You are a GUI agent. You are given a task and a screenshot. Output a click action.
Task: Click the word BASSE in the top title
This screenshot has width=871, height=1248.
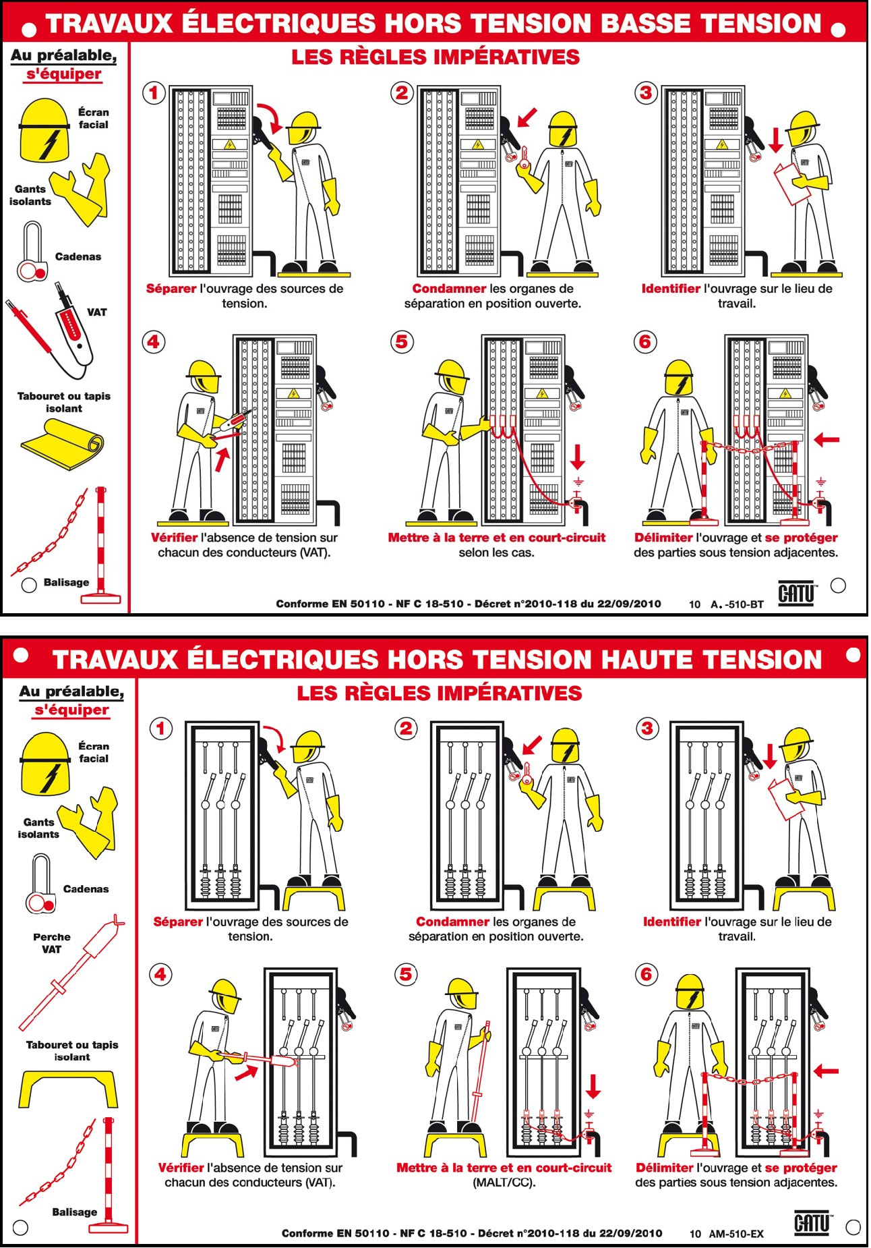[x=647, y=24]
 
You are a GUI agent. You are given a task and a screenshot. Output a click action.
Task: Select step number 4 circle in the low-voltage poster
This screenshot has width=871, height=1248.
[x=154, y=342]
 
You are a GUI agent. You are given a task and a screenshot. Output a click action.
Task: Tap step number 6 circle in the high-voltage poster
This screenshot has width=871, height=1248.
[x=647, y=974]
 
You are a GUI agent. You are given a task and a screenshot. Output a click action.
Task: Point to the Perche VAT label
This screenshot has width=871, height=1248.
[x=52, y=943]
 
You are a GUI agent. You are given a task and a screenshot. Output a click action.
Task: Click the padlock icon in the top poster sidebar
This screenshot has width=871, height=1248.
[x=32, y=254]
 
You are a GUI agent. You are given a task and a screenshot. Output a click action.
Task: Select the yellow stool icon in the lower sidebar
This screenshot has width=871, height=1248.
[x=68, y=1088]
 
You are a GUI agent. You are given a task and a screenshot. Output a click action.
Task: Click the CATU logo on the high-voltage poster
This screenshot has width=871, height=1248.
[x=812, y=1222]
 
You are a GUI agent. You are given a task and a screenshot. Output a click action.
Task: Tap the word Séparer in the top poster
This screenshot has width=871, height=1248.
[x=171, y=289]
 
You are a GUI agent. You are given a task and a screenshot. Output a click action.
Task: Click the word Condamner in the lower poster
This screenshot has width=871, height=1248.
[x=452, y=921]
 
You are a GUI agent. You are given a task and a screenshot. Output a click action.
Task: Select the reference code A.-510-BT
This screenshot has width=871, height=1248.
[x=737, y=604]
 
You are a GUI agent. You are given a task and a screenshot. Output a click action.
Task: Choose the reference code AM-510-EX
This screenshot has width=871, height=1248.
[x=736, y=1234]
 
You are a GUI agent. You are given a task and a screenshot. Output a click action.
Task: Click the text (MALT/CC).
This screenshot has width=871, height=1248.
[x=504, y=1183]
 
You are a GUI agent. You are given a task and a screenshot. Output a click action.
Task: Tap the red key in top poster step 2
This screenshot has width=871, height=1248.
[x=524, y=159]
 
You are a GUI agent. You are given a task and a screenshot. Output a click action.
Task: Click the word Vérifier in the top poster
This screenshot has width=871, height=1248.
[x=174, y=538]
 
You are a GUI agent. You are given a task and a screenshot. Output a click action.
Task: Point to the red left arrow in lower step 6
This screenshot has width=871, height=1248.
[x=826, y=1070]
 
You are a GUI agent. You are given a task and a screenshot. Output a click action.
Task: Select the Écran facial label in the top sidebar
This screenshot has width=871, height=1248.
[x=93, y=118]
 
